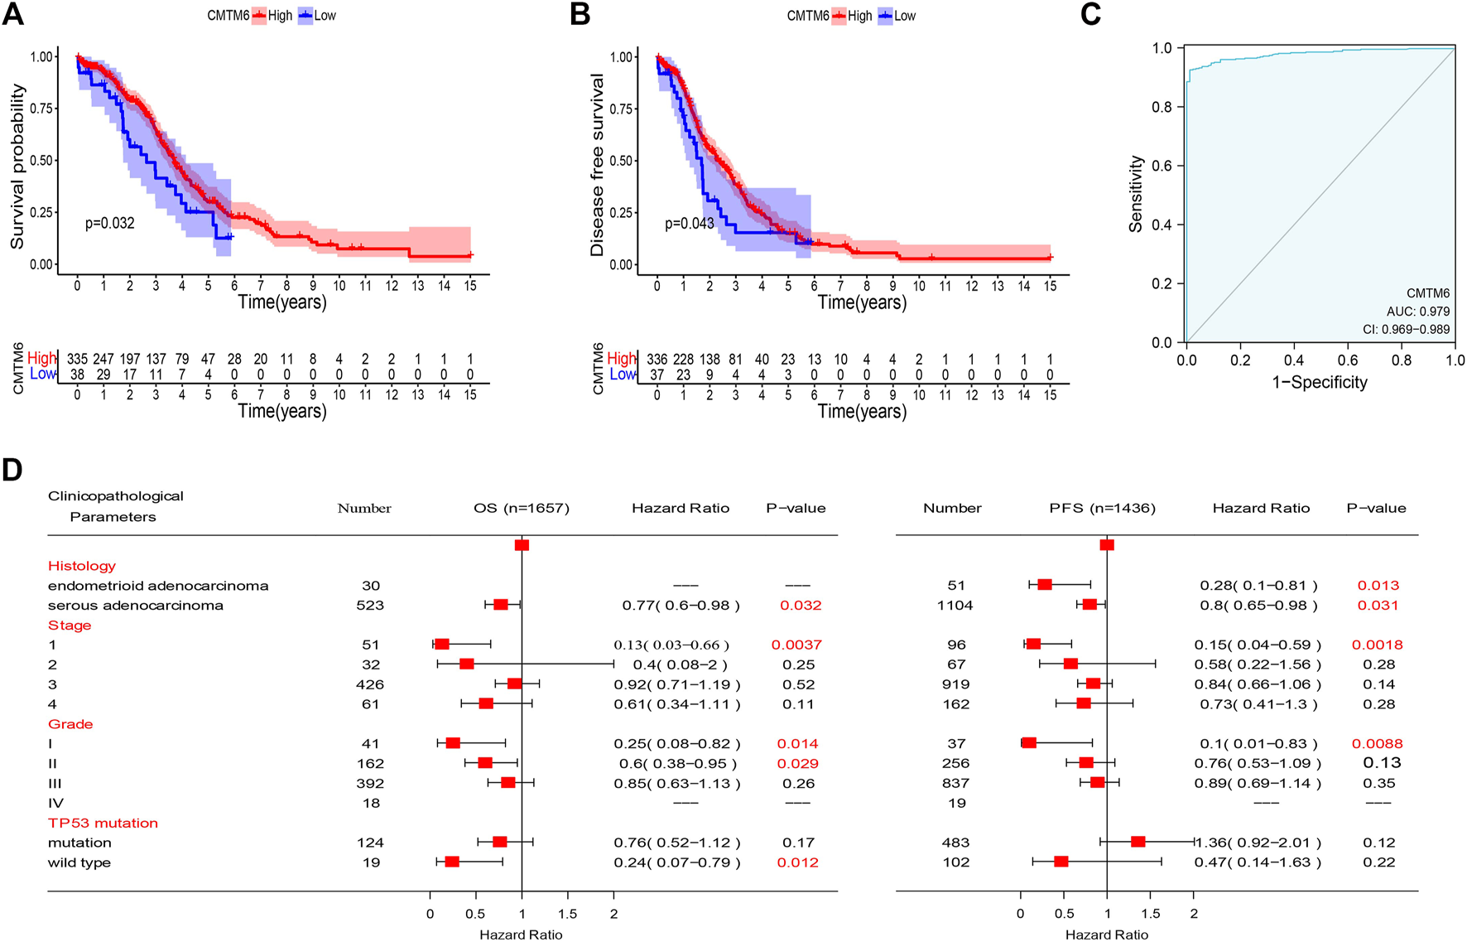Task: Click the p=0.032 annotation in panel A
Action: click(109, 223)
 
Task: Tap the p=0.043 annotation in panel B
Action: click(689, 224)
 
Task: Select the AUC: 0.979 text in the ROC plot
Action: click(1418, 312)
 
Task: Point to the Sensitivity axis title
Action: click(1136, 194)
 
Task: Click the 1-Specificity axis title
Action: click(1320, 382)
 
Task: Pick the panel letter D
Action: click(12, 470)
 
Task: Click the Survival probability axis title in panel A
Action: click(17, 166)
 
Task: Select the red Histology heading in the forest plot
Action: click(82, 566)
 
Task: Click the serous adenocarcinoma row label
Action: click(136, 606)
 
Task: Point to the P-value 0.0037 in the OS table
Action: click(796, 645)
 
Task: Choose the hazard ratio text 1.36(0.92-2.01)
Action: click(1258, 843)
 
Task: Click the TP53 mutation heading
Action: click(103, 823)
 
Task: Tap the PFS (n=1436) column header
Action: click(1102, 508)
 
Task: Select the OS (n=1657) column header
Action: click(522, 508)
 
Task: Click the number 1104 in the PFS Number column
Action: click(955, 606)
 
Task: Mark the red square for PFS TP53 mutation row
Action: click(1138, 842)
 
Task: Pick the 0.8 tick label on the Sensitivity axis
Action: click(1162, 107)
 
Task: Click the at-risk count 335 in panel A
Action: click(78, 359)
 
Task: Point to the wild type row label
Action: click(79, 862)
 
